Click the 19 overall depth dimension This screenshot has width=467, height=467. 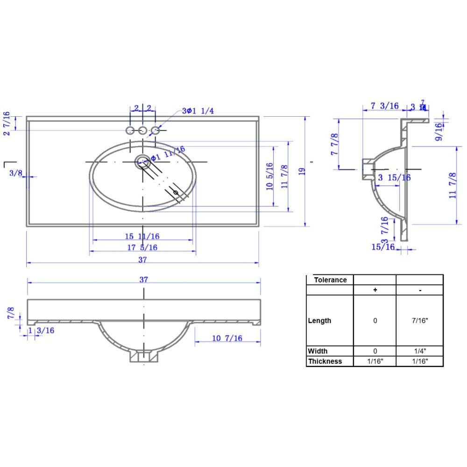coord(302,171)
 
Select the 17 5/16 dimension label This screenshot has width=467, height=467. coord(142,247)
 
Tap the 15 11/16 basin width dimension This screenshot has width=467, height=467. coord(142,236)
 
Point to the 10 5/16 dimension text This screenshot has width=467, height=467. coord(269,177)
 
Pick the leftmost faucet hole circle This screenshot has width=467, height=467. coord(130,130)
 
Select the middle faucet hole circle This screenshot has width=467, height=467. coord(142,130)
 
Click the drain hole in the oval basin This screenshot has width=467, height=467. coord(142,162)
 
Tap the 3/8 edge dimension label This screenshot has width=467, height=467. coord(16,173)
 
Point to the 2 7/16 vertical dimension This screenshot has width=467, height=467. coord(7,123)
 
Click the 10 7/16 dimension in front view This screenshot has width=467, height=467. coord(227,338)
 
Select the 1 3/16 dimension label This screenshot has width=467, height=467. coord(41,331)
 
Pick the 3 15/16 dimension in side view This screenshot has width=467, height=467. coord(394,177)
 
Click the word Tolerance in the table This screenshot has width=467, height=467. coord(330,280)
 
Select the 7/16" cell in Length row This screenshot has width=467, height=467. coord(419,321)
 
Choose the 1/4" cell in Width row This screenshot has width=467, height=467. coord(419,351)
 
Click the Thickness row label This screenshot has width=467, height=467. coord(325,361)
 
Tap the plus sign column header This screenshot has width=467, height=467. coord(375,290)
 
